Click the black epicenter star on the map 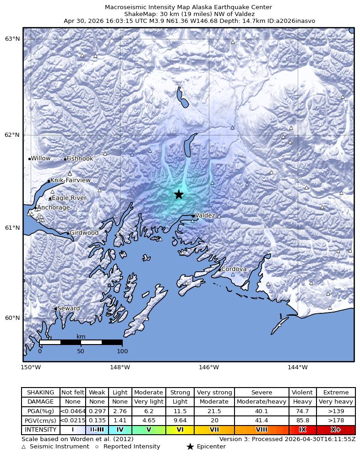point(179,194)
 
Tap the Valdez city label point(205,216)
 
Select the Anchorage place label point(54,208)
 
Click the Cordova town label point(234,269)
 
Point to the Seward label point(68,308)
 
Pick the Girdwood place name point(84,233)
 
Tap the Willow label point(41,158)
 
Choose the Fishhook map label point(80,159)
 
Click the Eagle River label point(69,198)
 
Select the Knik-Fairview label point(71,180)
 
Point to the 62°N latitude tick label point(12,135)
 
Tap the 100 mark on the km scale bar point(122,351)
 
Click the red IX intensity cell point(303,430)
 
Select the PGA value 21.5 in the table point(214,411)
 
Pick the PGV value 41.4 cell point(262,420)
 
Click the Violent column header point(303,393)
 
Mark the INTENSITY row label point(41,430)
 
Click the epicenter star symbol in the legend point(190,447)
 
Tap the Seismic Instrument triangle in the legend point(24,447)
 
